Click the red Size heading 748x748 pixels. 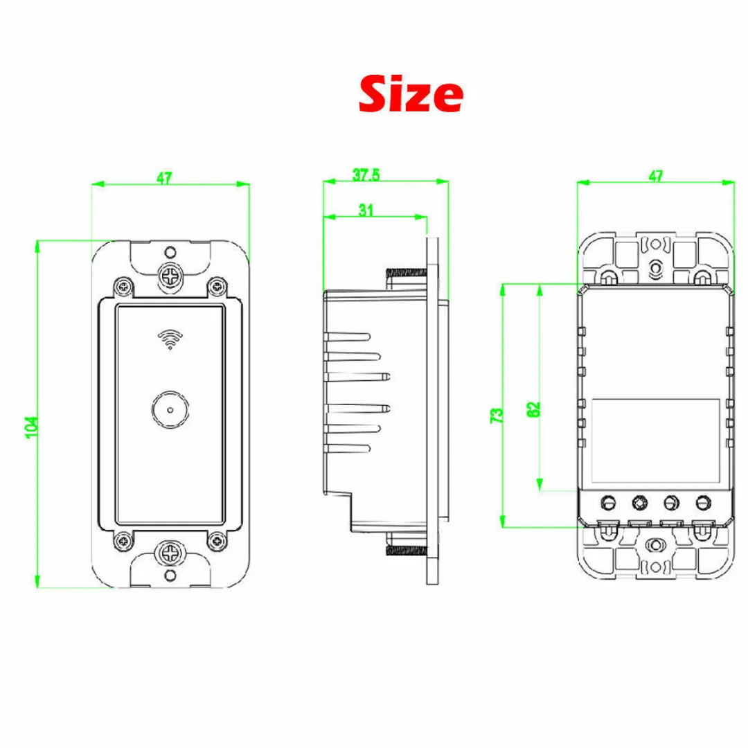[411, 94]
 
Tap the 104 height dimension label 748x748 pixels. [31, 427]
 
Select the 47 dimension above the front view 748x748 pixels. [164, 178]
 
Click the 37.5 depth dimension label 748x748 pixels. [366, 175]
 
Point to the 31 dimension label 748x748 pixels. [366, 210]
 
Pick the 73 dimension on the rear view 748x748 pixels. [497, 415]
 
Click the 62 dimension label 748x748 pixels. [534, 409]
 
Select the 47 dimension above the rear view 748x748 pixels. [656, 176]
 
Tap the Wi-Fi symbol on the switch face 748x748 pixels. [170, 339]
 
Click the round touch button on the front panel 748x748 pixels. [170, 409]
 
